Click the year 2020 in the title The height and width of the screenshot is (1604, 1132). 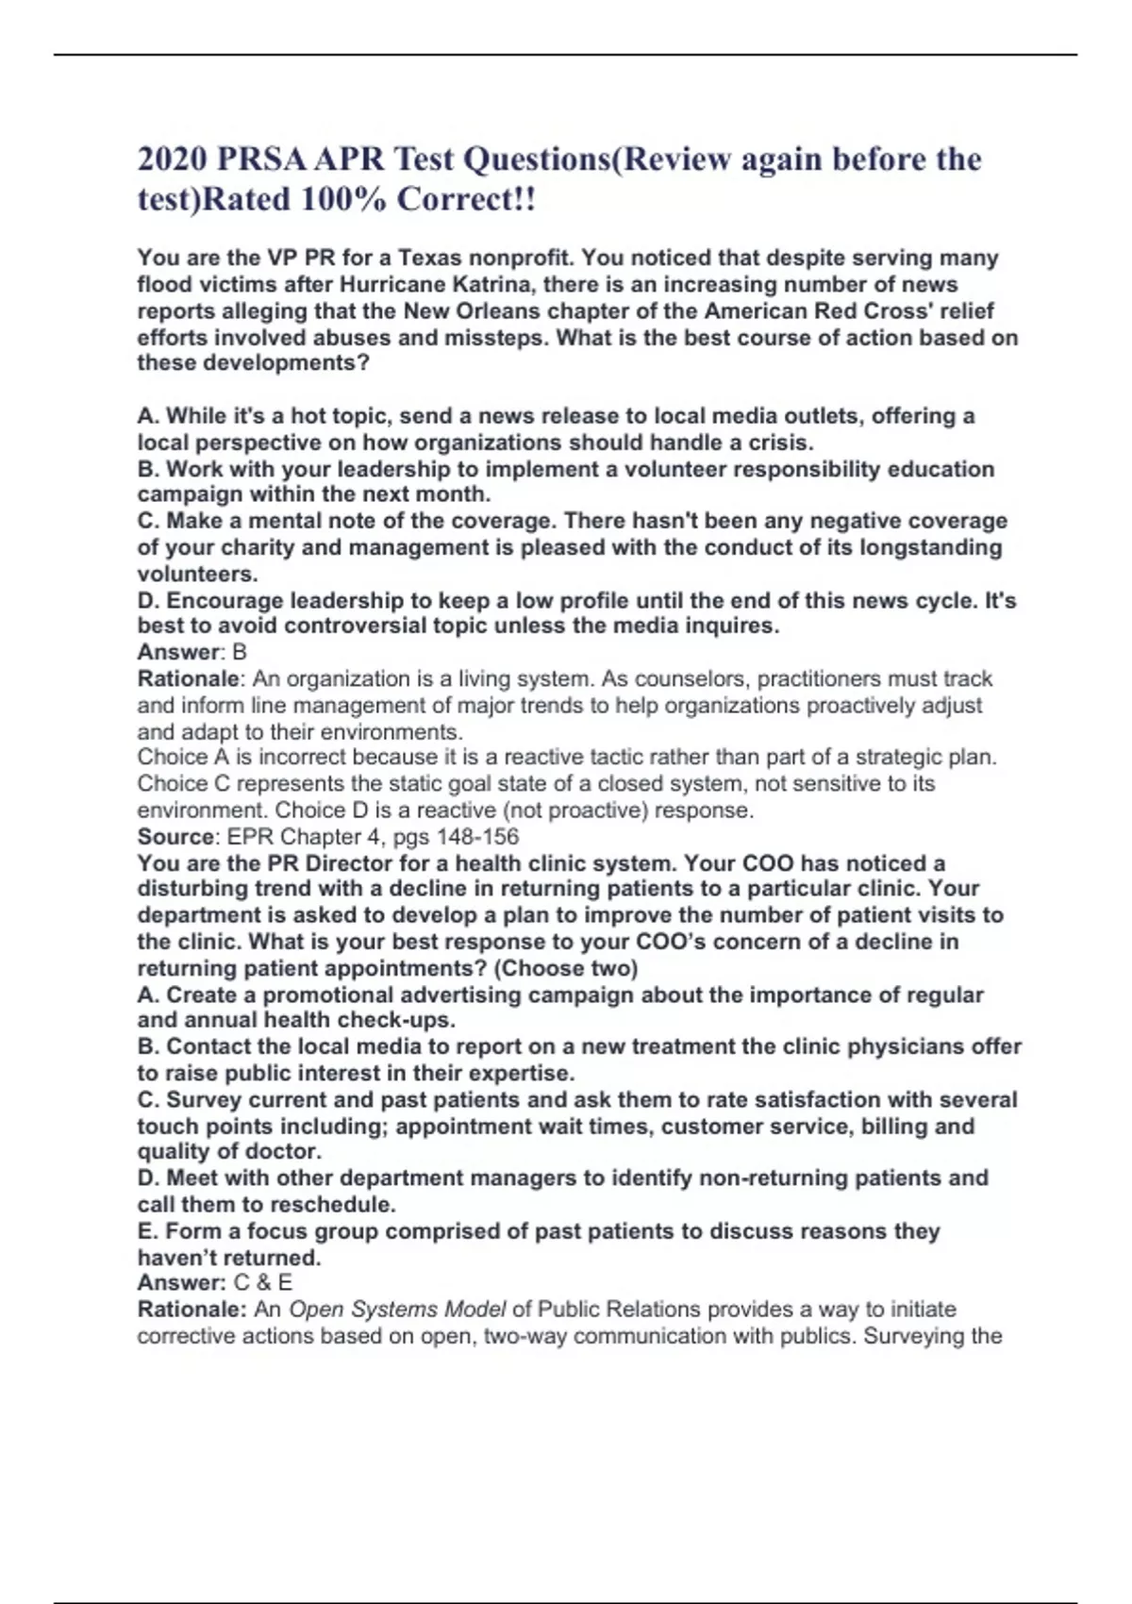click(171, 159)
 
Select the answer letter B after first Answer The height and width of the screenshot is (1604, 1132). click(240, 652)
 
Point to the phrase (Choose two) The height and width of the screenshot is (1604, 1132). click(566, 968)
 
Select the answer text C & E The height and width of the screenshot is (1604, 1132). click(263, 1282)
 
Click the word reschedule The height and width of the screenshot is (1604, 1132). click(333, 1205)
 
